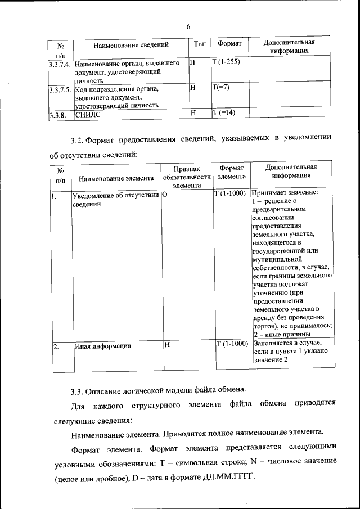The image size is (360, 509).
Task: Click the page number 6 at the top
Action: point(188,26)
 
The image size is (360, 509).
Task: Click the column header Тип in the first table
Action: point(200,44)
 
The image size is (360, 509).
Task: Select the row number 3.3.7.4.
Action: point(60,63)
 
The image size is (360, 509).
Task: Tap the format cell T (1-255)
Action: point(226,61)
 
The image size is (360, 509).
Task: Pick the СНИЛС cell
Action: point(87,115)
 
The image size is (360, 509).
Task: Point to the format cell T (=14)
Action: point(224,112)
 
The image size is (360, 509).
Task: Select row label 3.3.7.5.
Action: point(60,89)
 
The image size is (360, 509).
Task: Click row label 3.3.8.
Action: point(58,115)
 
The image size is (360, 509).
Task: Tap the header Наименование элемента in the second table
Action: point(116,179)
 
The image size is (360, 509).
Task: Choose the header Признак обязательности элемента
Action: point(186,176)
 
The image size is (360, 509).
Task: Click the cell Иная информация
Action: point(103,346)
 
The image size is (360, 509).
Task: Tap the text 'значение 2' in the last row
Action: point(271,359)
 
